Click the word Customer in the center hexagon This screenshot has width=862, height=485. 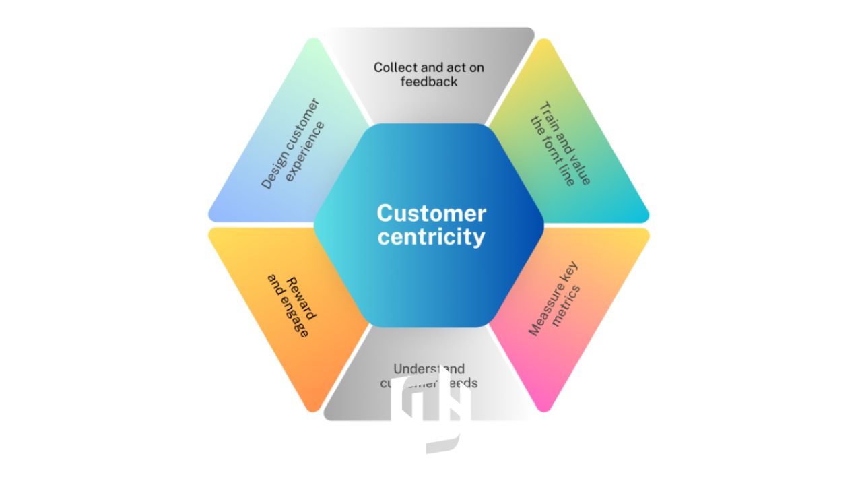(x=431, y=213)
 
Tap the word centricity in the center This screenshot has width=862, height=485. (x=431, y=237)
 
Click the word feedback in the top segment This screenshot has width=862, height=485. (x=429, y=82)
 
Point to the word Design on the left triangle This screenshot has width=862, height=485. (x=272, y=173)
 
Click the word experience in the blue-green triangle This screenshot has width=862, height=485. (x=304, y=152)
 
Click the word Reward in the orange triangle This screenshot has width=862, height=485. (x=300, y=299)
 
